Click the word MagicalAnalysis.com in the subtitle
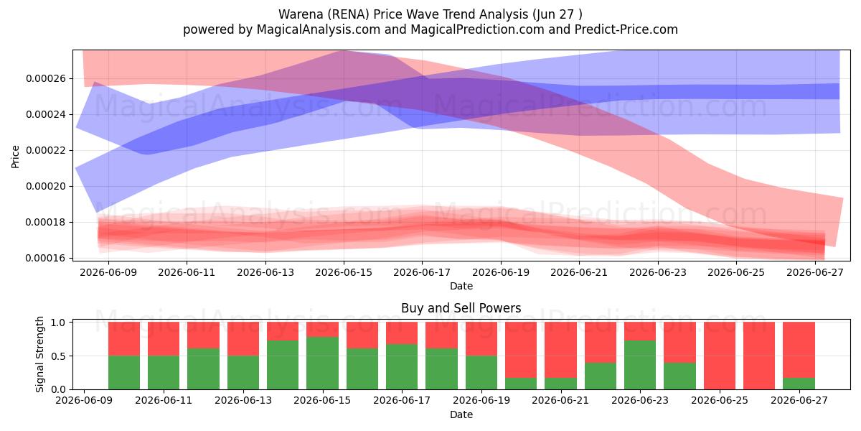pyautogui.click(x=319, y=29)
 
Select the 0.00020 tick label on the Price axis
pyautogui.click(x=46, y=186)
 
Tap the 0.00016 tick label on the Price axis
pyautogui.click(x=46, y=258)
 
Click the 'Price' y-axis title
pyautogui.click(x=15, y=157)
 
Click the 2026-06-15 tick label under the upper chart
pyautogui.click(x=344, y=272)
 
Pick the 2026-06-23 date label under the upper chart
pyautogui.click(x=658, y=272)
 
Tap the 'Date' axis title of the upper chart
pyautogui.click(x=461, y=286)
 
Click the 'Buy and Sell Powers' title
pyautogui.click(x=461, y=308)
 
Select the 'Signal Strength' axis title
pyautogui.click(x=39, y=354)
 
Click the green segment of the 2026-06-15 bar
pyautogui.click(x=322, y=363)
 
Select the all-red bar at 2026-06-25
pyautogui.click(x=720, y=356)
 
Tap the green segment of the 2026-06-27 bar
pyautogui.click(x=799, y=384)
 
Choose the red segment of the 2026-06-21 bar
pyautogui.click(x=561, y=350)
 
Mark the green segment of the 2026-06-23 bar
pyautogui.click(x=640, y=365)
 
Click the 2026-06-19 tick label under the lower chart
pyautogui.click(x=481, y=401)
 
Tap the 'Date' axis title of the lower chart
pyautogui.click(x=461, y=414)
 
